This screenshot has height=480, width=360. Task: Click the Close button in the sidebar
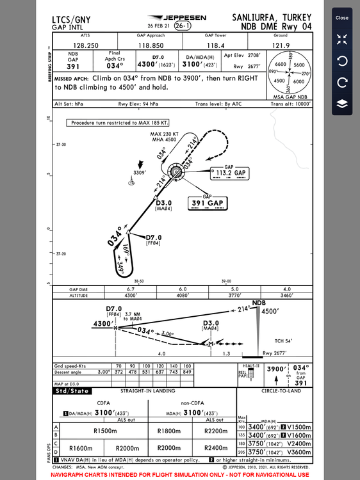click(342, 18)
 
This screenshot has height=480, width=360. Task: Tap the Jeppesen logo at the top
click(170, 17)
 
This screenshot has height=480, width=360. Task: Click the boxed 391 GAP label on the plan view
click(208, 204)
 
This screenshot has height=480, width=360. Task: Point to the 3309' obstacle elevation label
click(140, 173)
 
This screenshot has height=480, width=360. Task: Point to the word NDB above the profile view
click(258, 303)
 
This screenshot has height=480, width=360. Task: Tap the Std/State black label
click(72, 390)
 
